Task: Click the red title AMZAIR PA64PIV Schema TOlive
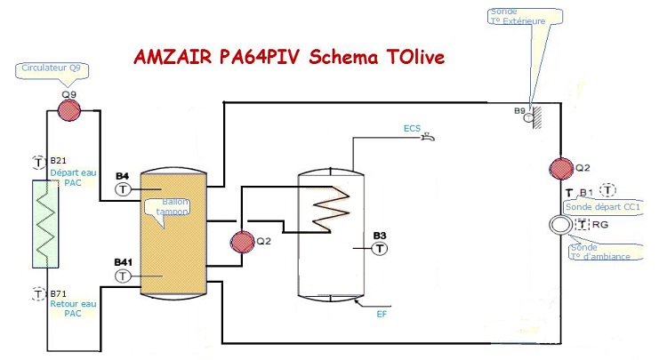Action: (288, 58)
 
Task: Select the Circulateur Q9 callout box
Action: (52, 68)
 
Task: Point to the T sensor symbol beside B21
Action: (38, 162)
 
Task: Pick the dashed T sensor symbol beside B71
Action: (38, 292)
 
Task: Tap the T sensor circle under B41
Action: (123, 276)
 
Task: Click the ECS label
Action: (412, 128)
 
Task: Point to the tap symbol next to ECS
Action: (428, 137)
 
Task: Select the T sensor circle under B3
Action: (380, 247)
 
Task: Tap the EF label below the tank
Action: (381, 313)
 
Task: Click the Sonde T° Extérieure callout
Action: (525, 16)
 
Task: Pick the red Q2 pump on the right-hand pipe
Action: (560, 168)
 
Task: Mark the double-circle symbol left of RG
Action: (560, 226)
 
